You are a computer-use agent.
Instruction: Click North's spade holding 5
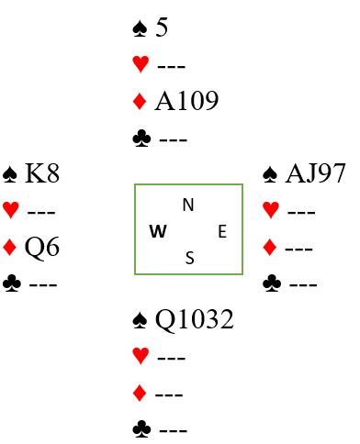[162, 28]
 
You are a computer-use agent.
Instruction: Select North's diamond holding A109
[186, 101]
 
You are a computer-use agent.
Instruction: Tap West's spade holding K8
[42, 173]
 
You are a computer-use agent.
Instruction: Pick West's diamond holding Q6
[42, 247]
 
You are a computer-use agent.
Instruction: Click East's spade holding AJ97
[315, 173]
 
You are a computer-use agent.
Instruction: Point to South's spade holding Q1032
[195, 319]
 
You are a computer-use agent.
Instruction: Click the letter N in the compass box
[188, 205]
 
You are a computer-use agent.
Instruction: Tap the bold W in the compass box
[158, 231]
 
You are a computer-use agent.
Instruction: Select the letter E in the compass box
[222, 231]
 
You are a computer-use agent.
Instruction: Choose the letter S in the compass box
[190, 258]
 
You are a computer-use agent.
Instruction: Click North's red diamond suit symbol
[140, 101]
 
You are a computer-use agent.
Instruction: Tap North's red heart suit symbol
[141, 64]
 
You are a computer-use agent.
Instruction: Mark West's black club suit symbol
[12, 283]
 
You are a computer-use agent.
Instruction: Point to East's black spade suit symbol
[270, 174]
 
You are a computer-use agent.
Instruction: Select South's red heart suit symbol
[141, 356]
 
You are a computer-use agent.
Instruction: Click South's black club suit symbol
[141, 428]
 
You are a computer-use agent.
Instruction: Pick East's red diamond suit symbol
[270, 248]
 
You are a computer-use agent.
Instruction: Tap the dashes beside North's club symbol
[174, 140]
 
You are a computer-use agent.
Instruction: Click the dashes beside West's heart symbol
[41, 212]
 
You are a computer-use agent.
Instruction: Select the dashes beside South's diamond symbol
[169, 394]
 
